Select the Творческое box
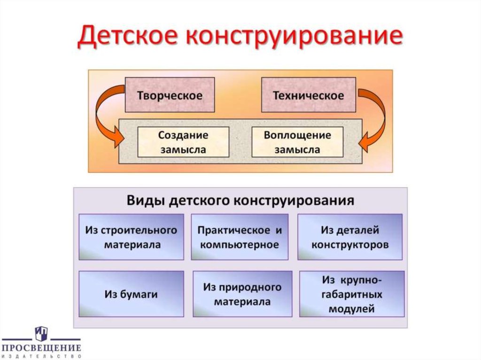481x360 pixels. point(170,95)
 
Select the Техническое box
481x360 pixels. point(309,95)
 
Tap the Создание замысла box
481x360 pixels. point(183,142)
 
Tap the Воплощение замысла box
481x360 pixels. point(297,142)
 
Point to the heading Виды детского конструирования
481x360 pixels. point(240,201)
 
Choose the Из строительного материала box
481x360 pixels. point(131,237)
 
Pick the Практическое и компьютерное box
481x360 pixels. point(240,237)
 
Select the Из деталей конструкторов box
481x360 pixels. point(350,237)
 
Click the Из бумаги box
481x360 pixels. point(131,295)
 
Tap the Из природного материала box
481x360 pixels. point(242,294)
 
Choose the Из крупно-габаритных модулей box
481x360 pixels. point(352,294)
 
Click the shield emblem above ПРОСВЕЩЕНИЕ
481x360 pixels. point(41,334)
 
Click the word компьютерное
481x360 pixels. point(240,245)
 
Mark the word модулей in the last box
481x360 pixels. point(352,309)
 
